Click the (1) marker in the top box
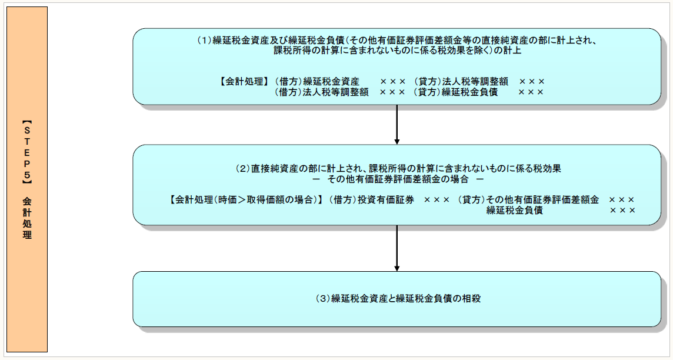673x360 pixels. point(204,41)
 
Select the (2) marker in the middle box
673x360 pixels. point(243,169)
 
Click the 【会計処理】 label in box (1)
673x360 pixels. point(245,82)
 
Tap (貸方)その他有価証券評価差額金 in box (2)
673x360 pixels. point(528,200)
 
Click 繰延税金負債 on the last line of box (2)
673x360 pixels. point(514,211)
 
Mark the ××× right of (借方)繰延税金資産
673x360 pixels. point(392,82)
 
